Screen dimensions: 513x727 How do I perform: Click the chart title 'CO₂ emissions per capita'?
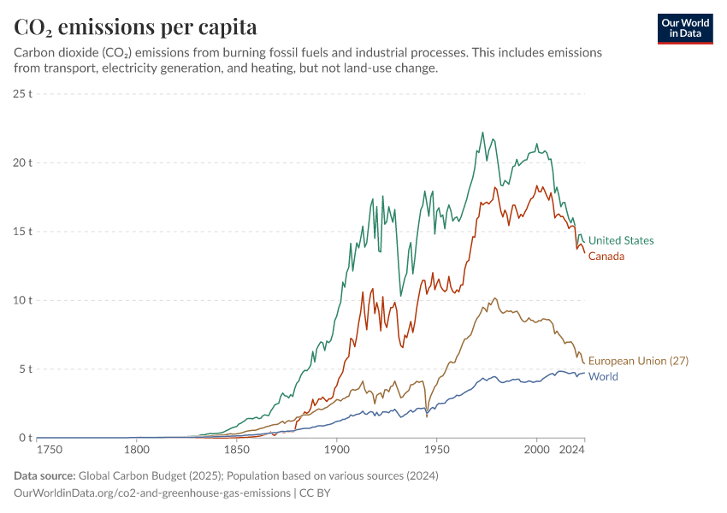(135, 27)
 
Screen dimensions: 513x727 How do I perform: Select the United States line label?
(621, 240)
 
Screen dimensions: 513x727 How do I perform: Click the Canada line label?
(606, 256)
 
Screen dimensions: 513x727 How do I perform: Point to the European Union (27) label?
(638, 361)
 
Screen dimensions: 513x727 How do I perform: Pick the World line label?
(603, 376)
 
